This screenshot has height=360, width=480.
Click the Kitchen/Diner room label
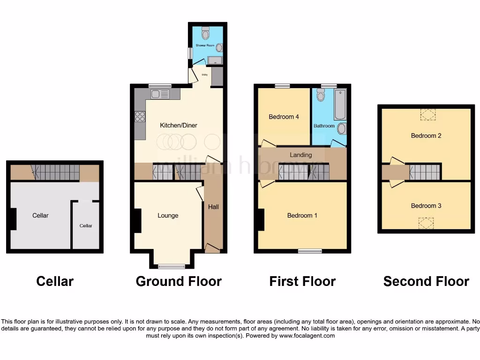[x=179, y=125]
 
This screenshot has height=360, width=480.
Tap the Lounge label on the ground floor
[x=168, y=216]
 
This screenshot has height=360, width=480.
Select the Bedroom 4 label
[x=284, y=117]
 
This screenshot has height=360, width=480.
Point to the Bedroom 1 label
[x=302, y=216]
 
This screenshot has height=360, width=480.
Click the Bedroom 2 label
[x=426, y=135]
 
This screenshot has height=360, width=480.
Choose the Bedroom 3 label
[x=426, y=206]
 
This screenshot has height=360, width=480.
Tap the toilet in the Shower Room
[x=205, y=33]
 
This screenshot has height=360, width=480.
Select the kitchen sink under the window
[x=160, y=94]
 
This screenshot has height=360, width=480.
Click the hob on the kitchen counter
[x=140, y=116]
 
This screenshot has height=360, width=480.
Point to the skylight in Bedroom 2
[x=427, y=114]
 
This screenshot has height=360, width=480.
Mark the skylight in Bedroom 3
[x=426, y=224]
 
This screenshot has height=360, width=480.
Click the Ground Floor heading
[x=179, y=281]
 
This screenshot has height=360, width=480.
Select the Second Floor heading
[x=426, y=281]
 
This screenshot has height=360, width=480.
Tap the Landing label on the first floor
[x=300, y=155]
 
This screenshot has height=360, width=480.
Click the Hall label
[x=213, y=206]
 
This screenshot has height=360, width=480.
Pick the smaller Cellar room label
[x=86, y=225]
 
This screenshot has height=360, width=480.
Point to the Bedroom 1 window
[x=310, y=251]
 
